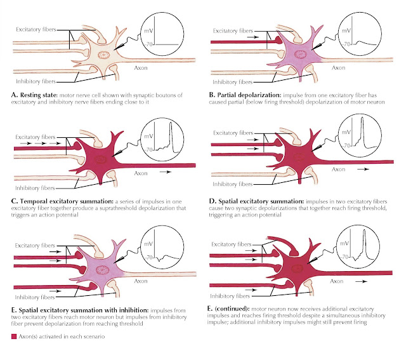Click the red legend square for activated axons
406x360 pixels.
(x=14, y=337)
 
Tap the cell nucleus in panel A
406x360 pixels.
(x=104, y=55)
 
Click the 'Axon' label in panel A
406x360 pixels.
(x=141, y=68)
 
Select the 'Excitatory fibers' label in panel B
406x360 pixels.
(x=233, y=31)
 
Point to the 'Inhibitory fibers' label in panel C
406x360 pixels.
(x=35, y=188)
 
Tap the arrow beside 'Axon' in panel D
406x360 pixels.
(x=363, y=170)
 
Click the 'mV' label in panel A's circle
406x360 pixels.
(x=148, y=31)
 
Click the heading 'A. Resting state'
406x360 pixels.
(x=34, y=95)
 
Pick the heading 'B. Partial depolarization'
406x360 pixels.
(x=245, y=95)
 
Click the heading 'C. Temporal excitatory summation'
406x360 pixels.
(x=62, y=201)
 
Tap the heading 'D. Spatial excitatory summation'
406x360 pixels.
(x=256, y=201)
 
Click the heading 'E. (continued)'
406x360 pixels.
(x=228, y=309)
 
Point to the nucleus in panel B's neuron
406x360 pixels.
(x=300, y=54)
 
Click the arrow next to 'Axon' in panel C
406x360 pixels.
(x=166, y=172)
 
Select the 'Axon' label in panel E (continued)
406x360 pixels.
(x=337, y=281)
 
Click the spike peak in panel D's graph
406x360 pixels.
(x=362, y=118)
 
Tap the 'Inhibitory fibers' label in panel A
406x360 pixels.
(x=36, y=81)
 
